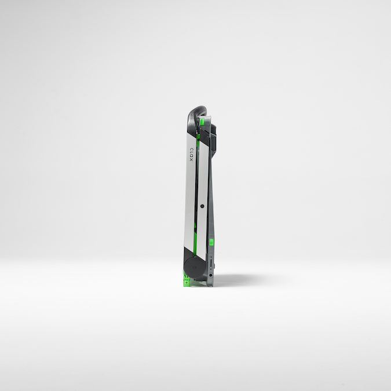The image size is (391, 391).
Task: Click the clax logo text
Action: (191, 155)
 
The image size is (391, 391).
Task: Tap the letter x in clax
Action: (191, 160)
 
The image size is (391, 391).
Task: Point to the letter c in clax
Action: (191, 149)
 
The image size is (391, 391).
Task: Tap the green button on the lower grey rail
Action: (211, 242)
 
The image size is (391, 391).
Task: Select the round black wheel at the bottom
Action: (194, 267)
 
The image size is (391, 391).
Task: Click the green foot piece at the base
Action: (186, 280)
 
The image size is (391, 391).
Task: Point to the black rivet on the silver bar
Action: (202, 206)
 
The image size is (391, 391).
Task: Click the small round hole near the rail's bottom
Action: (211, 275)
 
